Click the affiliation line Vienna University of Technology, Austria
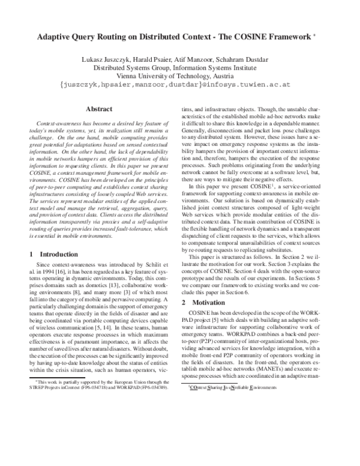[x=180, y=76]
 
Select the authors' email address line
[x=180, y=85]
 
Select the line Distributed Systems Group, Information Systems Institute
[x=180, y=68]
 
